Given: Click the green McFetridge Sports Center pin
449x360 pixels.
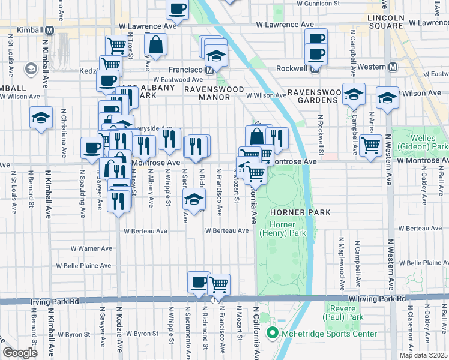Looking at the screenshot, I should [x=271, y=334].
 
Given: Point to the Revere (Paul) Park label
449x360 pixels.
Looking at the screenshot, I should [x=343, y=312].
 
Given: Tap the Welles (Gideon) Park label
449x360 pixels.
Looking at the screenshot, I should [x=427, y=142].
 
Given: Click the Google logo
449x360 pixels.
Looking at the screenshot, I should [x=20, y=352].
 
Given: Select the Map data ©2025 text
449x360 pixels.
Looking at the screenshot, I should [x=423, y=355].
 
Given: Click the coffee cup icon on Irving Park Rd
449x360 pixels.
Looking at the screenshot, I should [x=199, y=281].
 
